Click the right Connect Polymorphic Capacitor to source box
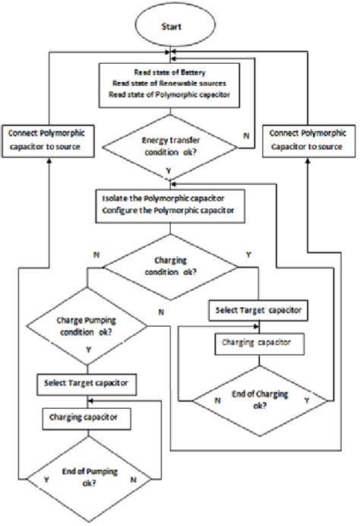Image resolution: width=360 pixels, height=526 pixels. coord(308,139)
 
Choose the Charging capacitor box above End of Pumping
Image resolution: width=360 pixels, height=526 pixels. coord(87,417)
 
